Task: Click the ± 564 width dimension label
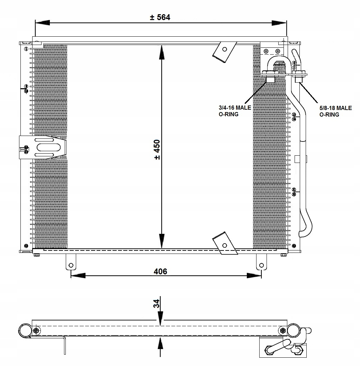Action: pyautogui.click(x=160, y=17)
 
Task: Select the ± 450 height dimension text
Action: pyautogui.click(x=157, y=150)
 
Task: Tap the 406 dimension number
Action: pyautogui.click(x=161, y=272)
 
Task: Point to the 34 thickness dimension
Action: pyautogui.click(x=156, y=304)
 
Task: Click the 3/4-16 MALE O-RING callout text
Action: pyautogui.click(x=235, y=111)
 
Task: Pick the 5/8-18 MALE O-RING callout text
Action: pyautogui.click(x=335, y=111)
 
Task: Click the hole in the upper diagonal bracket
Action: pyautogui.click(x=225, y=49)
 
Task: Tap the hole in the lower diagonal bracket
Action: pyautogui.click(x=225, y=245)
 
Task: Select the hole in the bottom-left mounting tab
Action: pyautogui.click(x=71, y=265)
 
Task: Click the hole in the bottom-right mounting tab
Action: pyautogui.click(x=261, y=265)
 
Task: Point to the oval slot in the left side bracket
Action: pyautogui.click(x=48, y=147)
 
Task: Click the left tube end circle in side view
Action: pyautogui.click(x=25, y=330)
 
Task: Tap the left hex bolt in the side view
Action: pyautogui.click(x=36, y=330)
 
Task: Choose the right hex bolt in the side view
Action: pyautogui.click(x=283, y=330)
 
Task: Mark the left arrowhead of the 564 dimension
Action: pyautogui.click(x=42, y=22)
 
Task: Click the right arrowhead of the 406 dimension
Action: pyautogui.click(x=254, y=276)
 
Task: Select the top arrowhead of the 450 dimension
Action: pyautogui.click(x=162, y=54)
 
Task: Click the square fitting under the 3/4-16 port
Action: pyautogui.click(x=271, y=79)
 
